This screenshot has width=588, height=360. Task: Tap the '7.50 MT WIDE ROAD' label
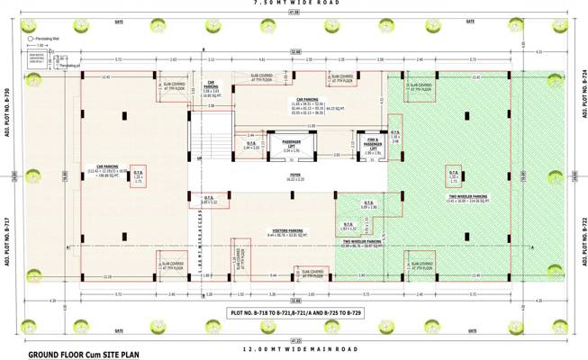coord(294,4)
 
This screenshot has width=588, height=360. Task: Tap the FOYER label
coord(294,178)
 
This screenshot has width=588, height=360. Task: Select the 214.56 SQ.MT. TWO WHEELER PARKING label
coord(466,200)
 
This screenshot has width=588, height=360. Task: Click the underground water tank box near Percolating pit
coord(39,58)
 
